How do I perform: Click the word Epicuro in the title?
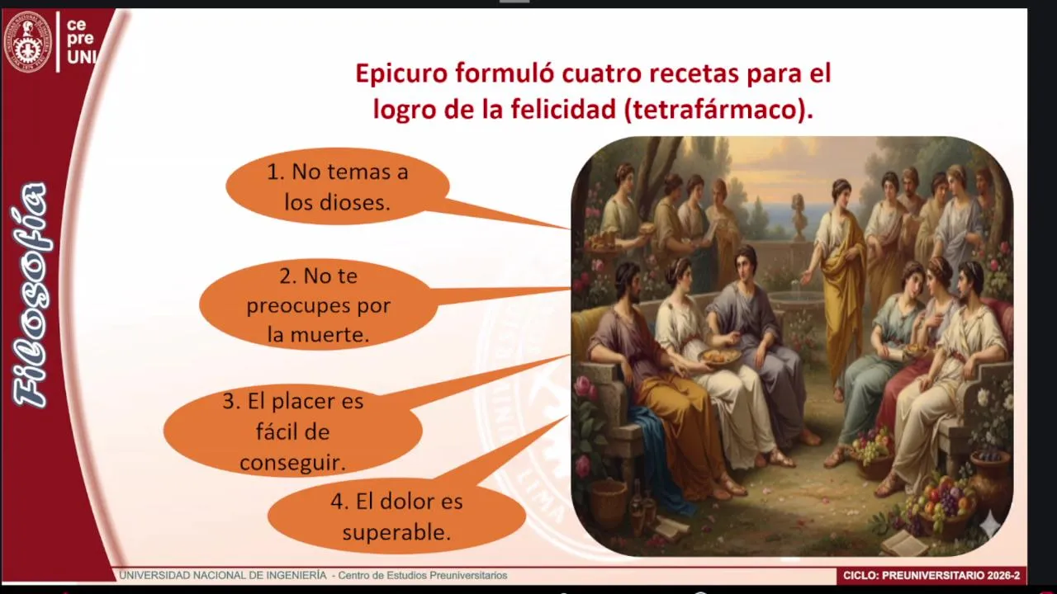401,74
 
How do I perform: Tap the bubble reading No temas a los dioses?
338,186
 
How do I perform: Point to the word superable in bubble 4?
396,532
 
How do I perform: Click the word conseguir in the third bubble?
292,463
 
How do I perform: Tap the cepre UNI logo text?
80,40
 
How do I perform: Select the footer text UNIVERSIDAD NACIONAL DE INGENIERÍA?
222,575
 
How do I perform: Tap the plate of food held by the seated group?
720,356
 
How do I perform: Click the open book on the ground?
905,542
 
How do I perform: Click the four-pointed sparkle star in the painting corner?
990,524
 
